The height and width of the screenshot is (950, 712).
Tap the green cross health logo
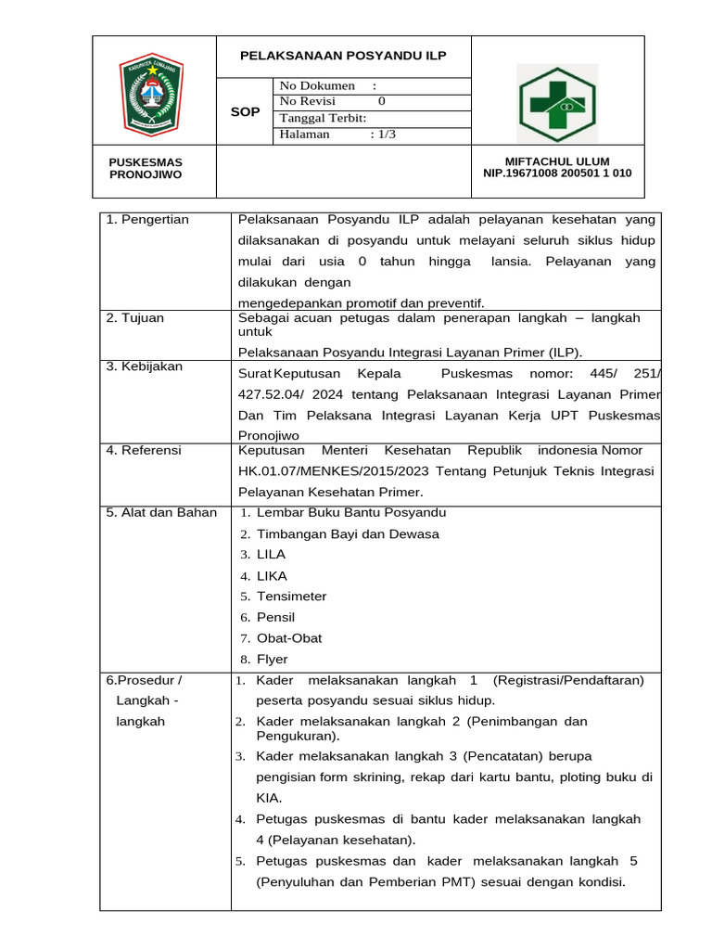tap(557, 104)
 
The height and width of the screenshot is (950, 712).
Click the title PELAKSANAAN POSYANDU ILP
tap(343, 56)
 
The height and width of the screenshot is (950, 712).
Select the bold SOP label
tap(245, 112)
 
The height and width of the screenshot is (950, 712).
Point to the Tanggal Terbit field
tap(323, 118)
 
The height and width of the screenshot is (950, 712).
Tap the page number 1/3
tap(383, 135)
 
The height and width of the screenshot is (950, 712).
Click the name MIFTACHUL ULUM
tap(556, 161)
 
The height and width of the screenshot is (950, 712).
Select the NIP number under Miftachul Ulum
tap(557, 173)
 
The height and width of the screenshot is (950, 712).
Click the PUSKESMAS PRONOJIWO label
tap(146, 168)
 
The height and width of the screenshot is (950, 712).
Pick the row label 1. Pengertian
tap(147, 220)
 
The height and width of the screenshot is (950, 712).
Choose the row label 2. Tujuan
tap(135, 318)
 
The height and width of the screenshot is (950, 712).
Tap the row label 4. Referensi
tap(144, 451)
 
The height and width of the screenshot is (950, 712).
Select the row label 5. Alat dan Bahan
tap(161, 512)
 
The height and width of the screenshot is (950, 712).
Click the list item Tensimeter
tap(291, 597)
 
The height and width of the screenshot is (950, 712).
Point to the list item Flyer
tap(272, 660)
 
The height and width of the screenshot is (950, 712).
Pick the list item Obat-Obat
tap(289, 638)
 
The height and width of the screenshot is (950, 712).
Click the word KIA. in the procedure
tap(270, 798)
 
